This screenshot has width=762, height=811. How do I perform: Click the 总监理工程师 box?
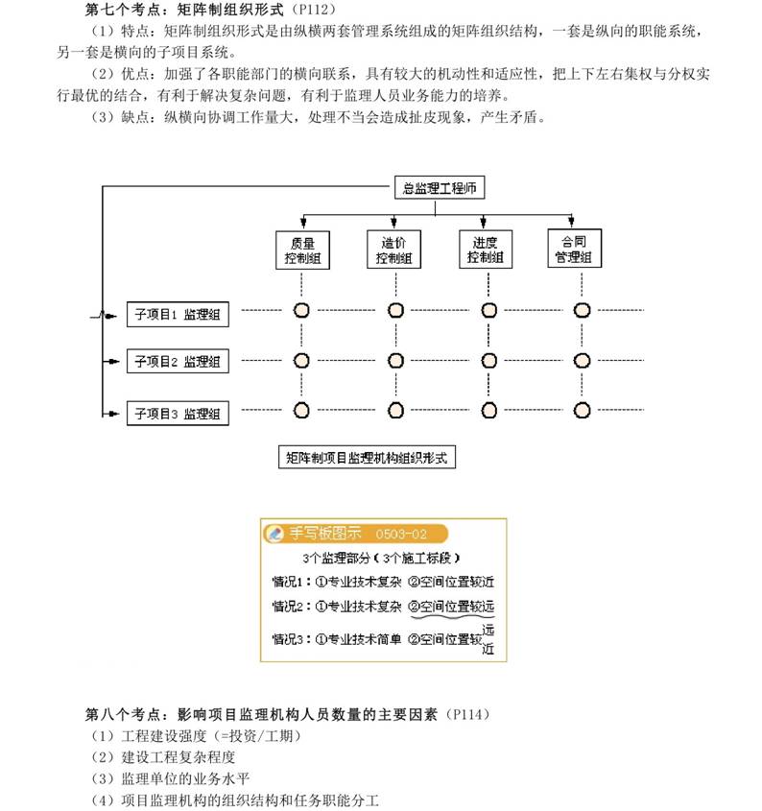(x=440, y=187)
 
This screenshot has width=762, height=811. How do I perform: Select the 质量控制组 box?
(x=302, y=250)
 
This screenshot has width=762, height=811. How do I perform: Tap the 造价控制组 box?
(x=393, y=250)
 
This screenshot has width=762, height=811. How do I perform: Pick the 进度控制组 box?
(x=486, y=250)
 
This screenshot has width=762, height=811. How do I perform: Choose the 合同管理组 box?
(x=574, y=249)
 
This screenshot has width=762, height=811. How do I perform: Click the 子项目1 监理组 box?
(x=178, y=315)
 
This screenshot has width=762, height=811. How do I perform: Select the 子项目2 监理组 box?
(x=178, y=361)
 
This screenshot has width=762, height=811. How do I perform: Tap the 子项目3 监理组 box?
(x=178, y=414)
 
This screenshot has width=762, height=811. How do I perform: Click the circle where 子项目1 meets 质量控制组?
(x=301, y=310)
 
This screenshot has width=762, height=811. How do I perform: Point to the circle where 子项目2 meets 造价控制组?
(x=395, y=361)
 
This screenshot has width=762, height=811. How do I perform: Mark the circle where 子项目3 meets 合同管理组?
(x=582, y=410)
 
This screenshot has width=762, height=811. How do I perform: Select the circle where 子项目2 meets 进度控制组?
(x=488, y=361)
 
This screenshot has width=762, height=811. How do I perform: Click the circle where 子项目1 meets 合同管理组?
(x=582, y=310)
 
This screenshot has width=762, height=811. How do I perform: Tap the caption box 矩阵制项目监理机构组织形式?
(x=367, y=457)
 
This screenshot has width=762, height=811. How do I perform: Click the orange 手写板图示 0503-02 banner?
(x=355, y=534)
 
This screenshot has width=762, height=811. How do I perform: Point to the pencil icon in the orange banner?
(x=275, y=534)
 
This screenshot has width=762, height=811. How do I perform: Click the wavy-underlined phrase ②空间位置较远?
(x=452, y=607)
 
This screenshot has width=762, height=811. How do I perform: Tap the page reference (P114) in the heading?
(x=467, y=714)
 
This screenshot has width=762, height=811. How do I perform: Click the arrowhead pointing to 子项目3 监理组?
(x=113, y=414)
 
